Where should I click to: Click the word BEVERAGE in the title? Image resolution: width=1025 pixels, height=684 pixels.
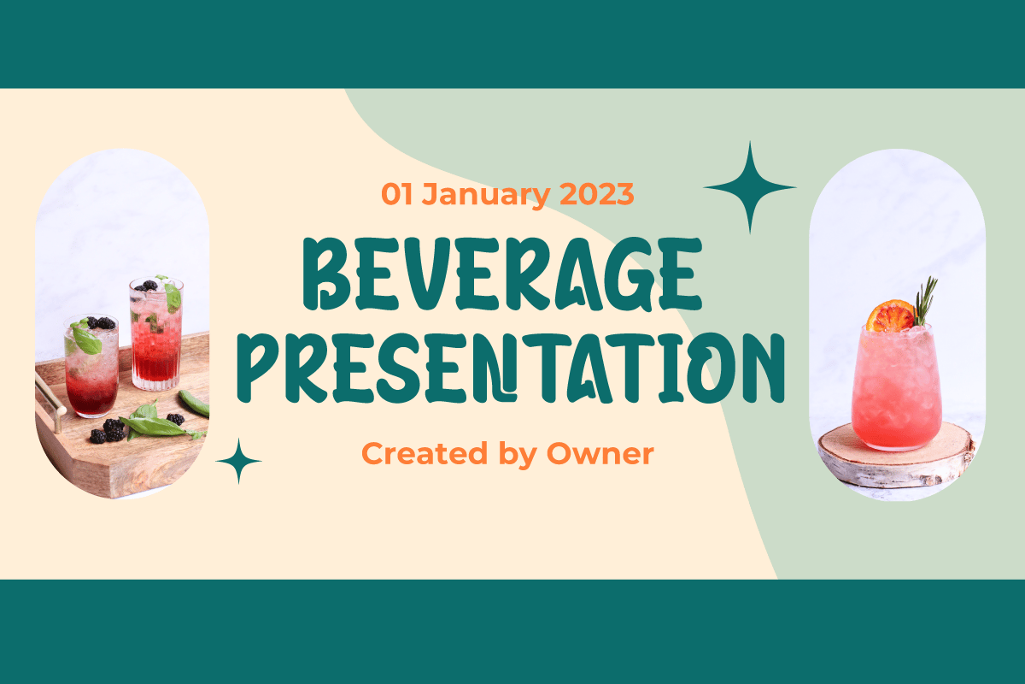point(502,274)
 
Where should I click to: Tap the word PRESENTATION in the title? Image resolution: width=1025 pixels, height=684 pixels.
point(511,369)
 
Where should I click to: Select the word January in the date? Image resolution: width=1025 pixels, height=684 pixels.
point(485,195)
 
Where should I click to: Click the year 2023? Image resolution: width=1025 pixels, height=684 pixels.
point(597,194)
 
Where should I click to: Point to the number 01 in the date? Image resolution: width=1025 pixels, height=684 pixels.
point(396,194)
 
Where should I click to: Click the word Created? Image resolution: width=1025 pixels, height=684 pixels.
point(425,453)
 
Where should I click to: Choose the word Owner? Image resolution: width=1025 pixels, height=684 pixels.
point(600,454)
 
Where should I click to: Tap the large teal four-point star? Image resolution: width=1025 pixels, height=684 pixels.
point(750,187)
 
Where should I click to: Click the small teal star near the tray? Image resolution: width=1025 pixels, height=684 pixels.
point(238,461)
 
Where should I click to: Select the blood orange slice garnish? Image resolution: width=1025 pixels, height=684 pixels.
point(890,316)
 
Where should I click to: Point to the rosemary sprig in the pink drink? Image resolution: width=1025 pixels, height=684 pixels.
point(924,301)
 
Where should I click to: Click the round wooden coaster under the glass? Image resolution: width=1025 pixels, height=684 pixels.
point(896,456)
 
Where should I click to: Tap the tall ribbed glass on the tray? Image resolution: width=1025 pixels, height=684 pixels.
point(156,334)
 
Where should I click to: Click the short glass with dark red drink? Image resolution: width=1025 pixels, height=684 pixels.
point(91,367)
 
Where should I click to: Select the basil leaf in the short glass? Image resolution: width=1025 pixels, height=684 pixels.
point(85,339)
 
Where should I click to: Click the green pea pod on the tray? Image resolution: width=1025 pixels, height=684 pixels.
point(195,404)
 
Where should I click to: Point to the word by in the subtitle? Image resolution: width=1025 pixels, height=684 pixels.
point(517,456)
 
